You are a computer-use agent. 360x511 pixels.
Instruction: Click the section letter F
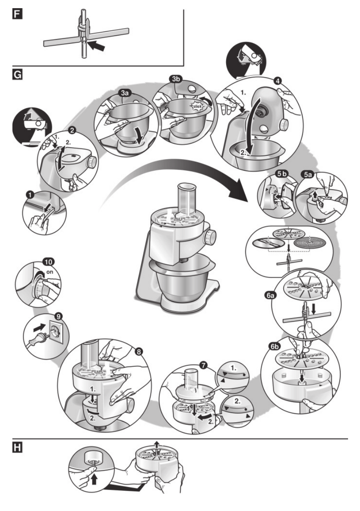coord(17,15)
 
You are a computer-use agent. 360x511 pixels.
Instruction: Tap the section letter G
coord(17,75)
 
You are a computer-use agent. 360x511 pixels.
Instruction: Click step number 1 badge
coord(30,195)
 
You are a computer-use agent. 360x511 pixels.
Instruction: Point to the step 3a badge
coord(125,93)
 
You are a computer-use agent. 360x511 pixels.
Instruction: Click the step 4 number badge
coord(278,81)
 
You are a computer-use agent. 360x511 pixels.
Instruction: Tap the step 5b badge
coord(282,175)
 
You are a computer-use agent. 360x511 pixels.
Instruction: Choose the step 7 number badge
coord(204,365)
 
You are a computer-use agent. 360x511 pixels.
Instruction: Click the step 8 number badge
coord(139,351)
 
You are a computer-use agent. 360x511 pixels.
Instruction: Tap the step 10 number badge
coord(49,261)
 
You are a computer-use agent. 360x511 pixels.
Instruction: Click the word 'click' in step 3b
coord(197,106)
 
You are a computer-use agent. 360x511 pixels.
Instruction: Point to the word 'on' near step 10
coord(50,272)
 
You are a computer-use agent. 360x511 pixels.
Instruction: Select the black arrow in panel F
coord(97,45)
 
